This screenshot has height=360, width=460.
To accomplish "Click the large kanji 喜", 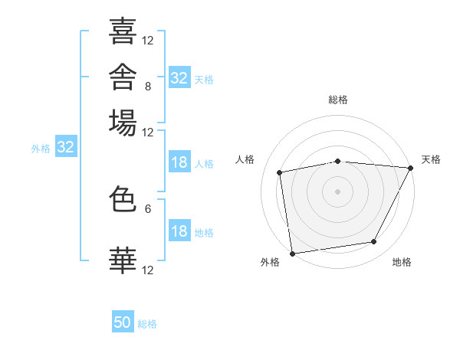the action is (x=123, y=31).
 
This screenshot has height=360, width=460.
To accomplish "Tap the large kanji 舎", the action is (x=123, y=77).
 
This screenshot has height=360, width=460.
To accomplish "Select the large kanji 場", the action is (x=123, y=123).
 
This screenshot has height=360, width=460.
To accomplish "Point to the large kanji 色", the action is (x=123, y=199).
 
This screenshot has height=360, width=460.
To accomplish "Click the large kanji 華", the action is (x=123, y=260).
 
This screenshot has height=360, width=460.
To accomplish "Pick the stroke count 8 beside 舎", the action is (x=148, y=87).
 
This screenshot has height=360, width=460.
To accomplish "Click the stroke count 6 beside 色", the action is (x=148, y=209).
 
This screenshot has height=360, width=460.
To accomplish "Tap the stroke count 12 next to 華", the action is (x=147, y=270).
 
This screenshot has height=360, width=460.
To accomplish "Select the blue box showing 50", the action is (x=123, y=321).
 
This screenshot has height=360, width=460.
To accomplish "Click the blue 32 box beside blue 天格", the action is (x=179, y=77).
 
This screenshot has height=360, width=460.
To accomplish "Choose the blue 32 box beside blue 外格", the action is (x=66, y=146).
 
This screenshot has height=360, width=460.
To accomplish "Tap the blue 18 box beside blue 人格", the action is (x=179, y=162).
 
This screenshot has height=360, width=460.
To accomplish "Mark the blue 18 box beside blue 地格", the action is (x=179, y=230).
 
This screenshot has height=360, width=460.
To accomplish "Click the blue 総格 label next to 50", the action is (x=147, y=324).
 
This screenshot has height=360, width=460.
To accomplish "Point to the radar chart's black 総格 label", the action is (x=338, y=100).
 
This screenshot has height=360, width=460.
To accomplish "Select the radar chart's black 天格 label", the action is (x=431, y=159).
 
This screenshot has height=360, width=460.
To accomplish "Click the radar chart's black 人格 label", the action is (x=245, y=159).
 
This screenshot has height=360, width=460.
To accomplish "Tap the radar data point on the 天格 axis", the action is (x=411, y=168).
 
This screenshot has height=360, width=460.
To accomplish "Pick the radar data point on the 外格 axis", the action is (x=293, y=254).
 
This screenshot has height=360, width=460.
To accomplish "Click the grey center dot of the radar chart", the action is (x=337, y=191).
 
